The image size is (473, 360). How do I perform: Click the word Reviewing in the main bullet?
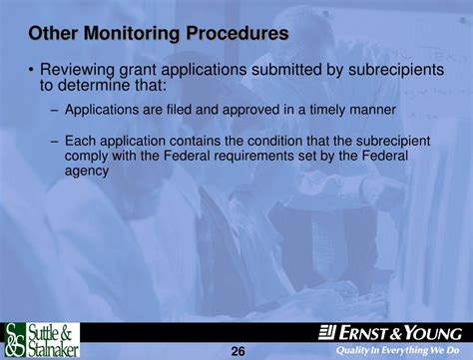81,70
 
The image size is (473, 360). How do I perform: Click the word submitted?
291,70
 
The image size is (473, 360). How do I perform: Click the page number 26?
237,351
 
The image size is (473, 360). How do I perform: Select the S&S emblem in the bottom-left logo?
15,341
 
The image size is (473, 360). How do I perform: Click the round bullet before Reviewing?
32,71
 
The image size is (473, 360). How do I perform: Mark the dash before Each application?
55,143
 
